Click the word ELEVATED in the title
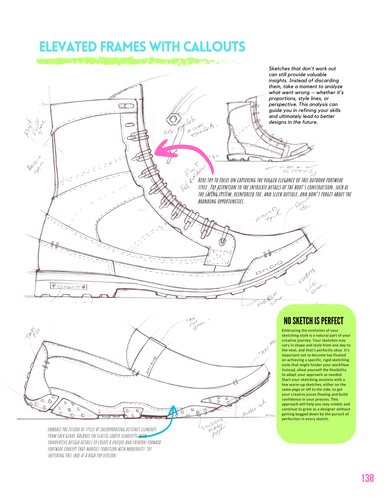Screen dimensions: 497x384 (x=68, y=47)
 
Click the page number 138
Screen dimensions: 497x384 (x=367, y=478)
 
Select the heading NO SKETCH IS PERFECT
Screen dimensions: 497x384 (x=314, y=321)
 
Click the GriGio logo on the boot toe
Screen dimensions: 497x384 (x=269, y=268)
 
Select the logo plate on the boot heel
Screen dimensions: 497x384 (x=68, y=287)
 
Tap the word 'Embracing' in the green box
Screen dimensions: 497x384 (x=291, y=330)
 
